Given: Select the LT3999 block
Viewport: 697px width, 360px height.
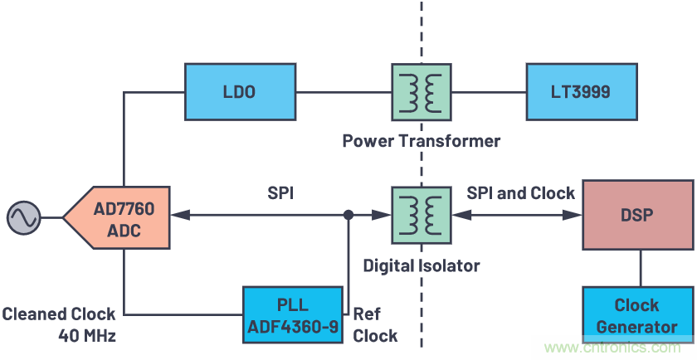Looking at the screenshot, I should pyautogui.click(x=580, y=91).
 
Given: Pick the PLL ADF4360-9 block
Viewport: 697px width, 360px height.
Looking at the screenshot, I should pyautogui.click(x=292, y=314).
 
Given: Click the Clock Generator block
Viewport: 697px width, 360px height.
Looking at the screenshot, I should pyautogui.click(x=636, y=315).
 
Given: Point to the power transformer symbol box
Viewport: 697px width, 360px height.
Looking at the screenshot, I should pyautogui.click(x=420, y=91).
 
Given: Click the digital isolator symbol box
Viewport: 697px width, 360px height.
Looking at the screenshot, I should pyautogui.click(x=420, y=215).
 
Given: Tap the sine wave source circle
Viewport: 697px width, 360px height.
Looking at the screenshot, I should pyautogui.click(x=22, y=218).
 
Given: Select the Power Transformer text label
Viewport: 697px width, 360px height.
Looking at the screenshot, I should pyautogui.click(x=422, y=141).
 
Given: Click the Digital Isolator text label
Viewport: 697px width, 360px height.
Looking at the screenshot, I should pyautogui.click(x=422, y=265).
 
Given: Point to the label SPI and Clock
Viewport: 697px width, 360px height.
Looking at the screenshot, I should pyautogui.click(x=520, y=193).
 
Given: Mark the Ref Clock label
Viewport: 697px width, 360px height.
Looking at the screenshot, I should pyautogui.click(x=375, y=325).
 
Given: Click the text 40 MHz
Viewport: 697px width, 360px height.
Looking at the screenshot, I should pyautogui.click(x=86, y=336).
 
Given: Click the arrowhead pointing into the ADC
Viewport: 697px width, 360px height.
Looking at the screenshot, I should pyautogui.click(x=178, y=215).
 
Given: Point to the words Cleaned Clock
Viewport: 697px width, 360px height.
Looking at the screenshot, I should pyautogui.click(x=58, y=315).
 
